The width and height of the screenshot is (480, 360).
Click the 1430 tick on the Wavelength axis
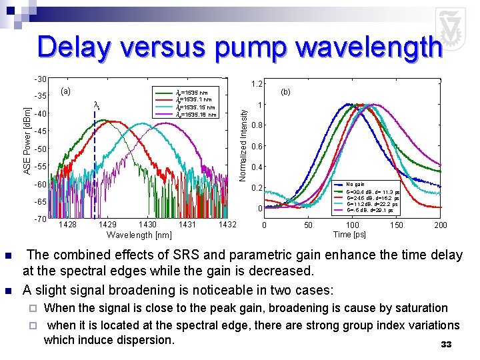147,225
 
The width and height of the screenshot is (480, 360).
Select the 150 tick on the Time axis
396,225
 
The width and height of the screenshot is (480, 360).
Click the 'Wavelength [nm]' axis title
139,235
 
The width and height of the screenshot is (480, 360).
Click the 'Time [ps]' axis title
350,235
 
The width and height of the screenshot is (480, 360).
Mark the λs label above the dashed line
97,105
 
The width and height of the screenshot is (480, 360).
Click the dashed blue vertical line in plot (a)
95,167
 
